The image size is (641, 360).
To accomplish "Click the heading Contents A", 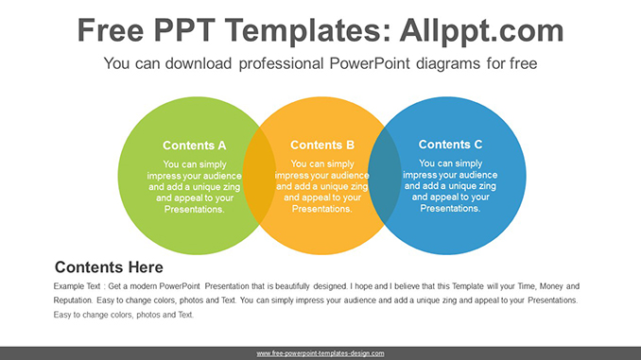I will click(194, 146).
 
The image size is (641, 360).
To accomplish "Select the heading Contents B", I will click(322, 146).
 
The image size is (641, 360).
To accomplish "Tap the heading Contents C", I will click(450, 145).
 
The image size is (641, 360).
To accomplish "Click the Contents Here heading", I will click(109, 267).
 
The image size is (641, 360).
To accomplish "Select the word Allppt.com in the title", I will click(479, 31).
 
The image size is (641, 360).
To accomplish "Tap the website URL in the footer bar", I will click(320, 353).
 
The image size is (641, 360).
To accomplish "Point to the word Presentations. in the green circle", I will click(194, 209).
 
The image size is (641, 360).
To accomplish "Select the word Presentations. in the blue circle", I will click(450, 208).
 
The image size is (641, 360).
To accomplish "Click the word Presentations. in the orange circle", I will click(322, 209).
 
